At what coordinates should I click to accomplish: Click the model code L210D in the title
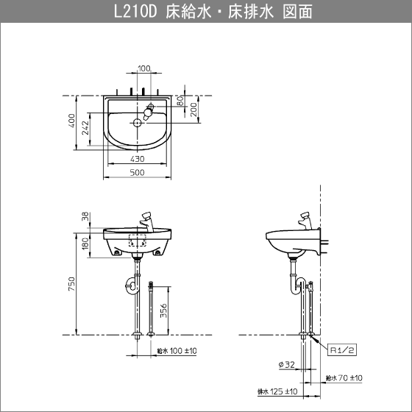pos(135,12)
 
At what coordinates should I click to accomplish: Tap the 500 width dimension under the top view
pos(137,172)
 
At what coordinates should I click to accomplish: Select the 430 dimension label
pos(137,159)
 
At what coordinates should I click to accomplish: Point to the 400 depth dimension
pos(71,121)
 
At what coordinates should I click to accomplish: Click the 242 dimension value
pos(85,128)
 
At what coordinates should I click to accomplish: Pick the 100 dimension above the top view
pos(144,68)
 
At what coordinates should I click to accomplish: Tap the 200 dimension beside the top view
pos(193,110)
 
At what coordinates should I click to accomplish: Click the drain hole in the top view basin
pos(137,122)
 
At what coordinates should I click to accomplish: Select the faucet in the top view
pos(148,112)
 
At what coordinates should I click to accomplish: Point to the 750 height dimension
pos(71,284)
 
